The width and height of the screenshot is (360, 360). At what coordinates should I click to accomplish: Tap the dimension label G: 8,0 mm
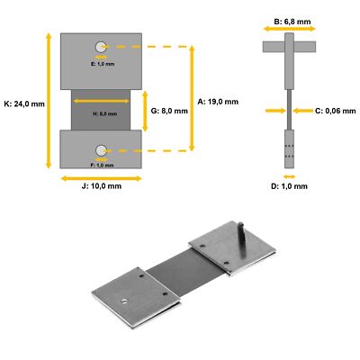[x=168, y=111]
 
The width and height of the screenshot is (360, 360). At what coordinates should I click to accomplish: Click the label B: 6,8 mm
[x=288, y=19]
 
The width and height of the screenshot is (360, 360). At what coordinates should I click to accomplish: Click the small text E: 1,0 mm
[x=102, y=65]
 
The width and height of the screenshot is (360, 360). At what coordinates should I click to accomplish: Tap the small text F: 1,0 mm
[x=102, y=166]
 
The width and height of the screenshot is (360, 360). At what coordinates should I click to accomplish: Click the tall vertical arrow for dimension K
[x=47, y=101]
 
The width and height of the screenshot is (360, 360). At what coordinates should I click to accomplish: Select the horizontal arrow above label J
[x=101, y=177]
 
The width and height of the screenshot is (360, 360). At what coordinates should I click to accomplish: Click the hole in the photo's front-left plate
[x=123, y=300]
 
